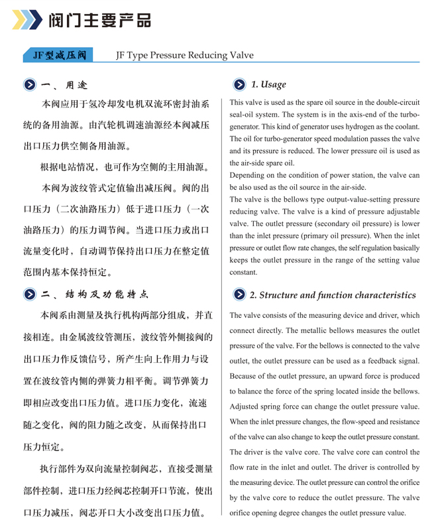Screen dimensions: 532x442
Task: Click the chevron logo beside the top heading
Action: click(28, 20)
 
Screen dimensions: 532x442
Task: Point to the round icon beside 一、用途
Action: click(30, 85)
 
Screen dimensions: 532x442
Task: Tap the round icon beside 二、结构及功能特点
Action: click(30, 294)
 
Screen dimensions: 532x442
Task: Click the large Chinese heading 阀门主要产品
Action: click(99, 21)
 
